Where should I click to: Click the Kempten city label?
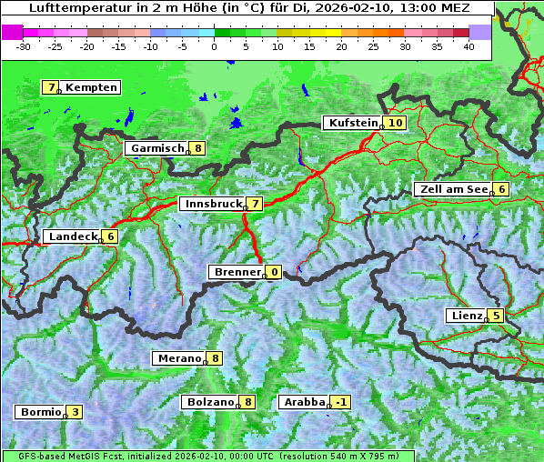[x=92, y=87]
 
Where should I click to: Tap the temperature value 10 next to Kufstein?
[x=395, y=123]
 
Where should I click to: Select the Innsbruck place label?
[x=212, y=204]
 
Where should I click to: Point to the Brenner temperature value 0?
[x=274, y=272]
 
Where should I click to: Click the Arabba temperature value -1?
[x=341, y=402]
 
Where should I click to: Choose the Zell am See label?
[x=452, y=189]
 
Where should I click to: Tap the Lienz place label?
[x=465, y=316]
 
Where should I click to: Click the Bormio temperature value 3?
[x=75, y=412]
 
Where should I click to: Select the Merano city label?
[x=178, y=358]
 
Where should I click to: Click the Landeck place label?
[x=73, y=236]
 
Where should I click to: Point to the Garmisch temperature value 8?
[x=198, y=148]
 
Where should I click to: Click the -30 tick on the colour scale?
[x=24, y=45]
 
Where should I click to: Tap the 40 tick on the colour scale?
[x=468, y=45]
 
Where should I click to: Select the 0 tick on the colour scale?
[x=215, y=45]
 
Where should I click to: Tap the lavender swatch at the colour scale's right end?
[x=479, y=31]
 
